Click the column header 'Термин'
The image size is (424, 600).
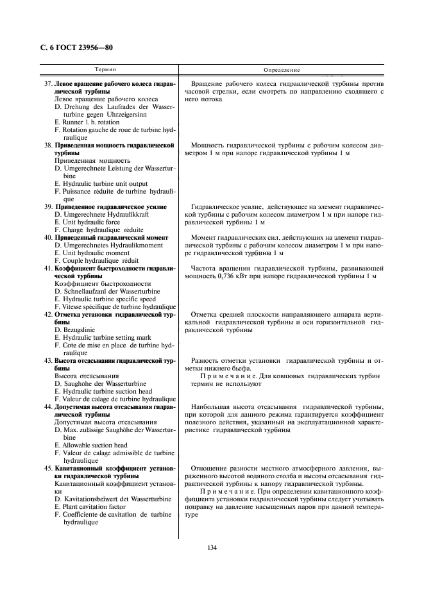click(x=105, y=69)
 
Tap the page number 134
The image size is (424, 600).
click(x=212, y=547)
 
